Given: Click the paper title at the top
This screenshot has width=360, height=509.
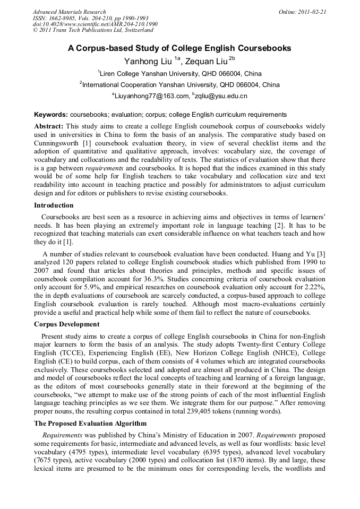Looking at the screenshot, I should tap(179, 48).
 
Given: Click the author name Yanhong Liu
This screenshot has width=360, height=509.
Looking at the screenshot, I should tap(148, 62).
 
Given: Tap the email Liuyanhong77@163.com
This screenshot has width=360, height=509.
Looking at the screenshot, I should tap(151, 96).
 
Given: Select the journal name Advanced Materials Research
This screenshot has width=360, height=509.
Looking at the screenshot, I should tap(70, 12).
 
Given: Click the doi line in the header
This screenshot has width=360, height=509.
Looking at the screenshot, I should tap(95, 24).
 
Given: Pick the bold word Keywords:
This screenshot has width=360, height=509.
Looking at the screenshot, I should tap(51, 115).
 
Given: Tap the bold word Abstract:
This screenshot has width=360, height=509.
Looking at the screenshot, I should tap(49, 126).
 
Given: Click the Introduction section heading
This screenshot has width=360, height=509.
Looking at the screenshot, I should tap(54, 205).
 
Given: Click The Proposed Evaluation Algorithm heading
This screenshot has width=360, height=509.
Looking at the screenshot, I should tap(91, 423).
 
